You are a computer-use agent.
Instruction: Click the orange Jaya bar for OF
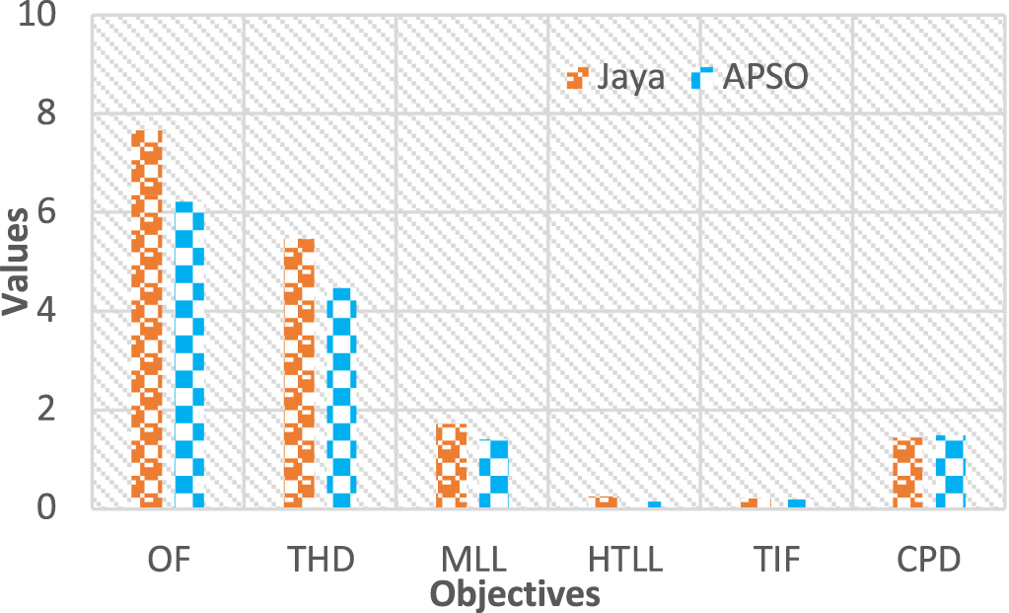tap(148, 319)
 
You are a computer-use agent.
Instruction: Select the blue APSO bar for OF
tap(189, 355)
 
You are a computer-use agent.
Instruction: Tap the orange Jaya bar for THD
tap(300, 373)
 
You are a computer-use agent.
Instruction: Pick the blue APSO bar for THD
tap(341, 398)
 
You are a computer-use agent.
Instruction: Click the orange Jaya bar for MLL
tap(452, 465)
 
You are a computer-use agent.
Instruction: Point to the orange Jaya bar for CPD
tap(907, 472)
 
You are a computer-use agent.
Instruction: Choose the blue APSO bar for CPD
tap(949, 471)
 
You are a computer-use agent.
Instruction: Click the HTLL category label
tap(625, 560)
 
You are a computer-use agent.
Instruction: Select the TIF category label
tap(777, 560)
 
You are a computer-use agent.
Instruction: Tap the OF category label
tap(169, 560)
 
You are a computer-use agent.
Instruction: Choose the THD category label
tap(321, 560)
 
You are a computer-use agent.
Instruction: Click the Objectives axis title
tap(516, 593)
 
